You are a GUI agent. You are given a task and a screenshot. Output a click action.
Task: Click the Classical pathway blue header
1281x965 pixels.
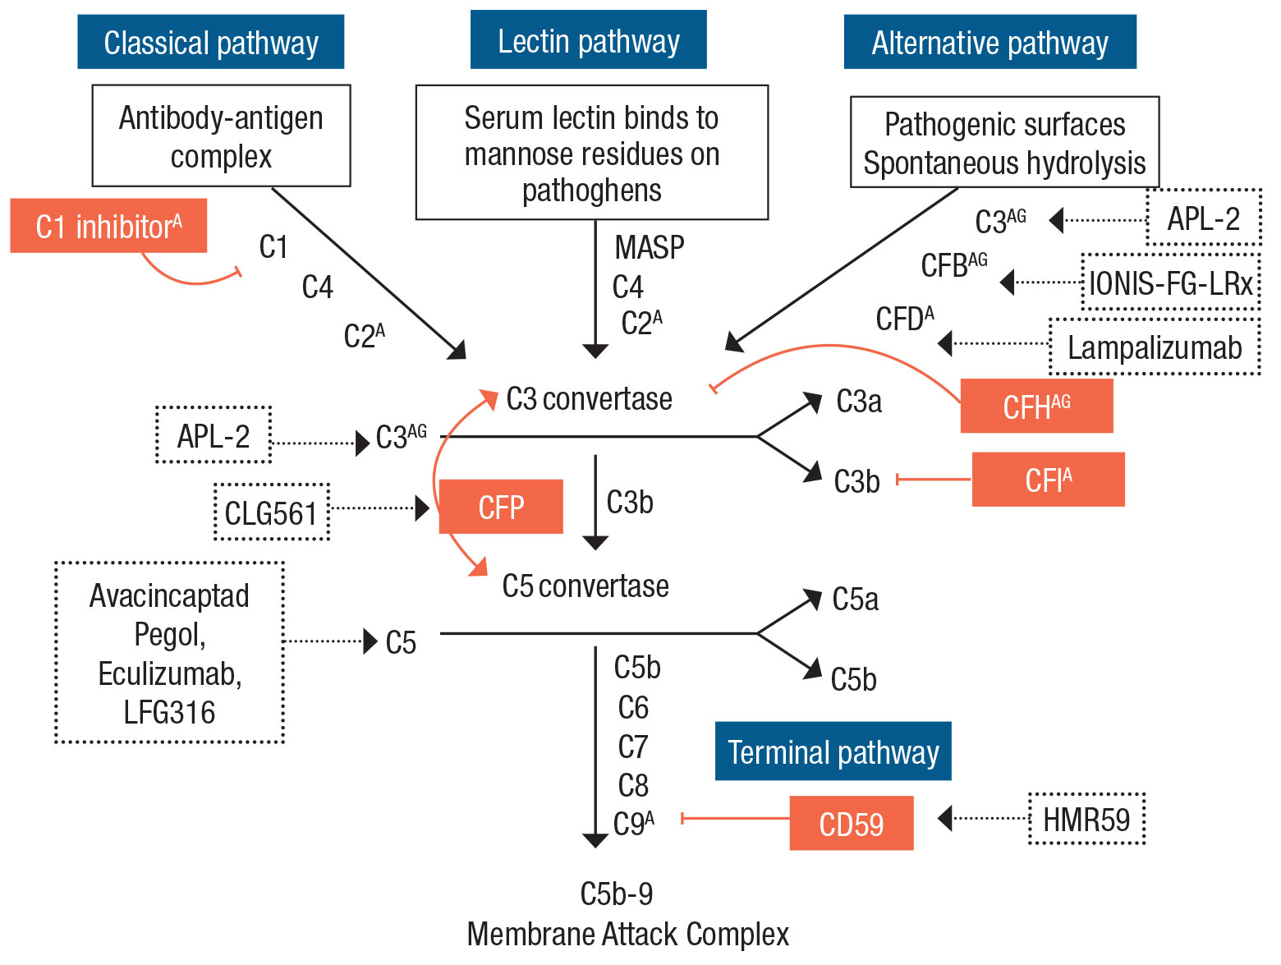[210, 42]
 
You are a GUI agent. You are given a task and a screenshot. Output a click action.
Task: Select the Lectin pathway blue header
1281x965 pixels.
[588, 40]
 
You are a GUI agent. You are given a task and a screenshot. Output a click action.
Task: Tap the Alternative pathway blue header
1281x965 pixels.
[989, 42]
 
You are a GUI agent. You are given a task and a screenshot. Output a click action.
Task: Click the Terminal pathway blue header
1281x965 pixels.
[833, 751]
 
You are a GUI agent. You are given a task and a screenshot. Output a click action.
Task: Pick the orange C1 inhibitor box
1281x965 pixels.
[108, 226]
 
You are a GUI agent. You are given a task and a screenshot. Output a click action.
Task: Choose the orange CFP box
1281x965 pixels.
[501, 507]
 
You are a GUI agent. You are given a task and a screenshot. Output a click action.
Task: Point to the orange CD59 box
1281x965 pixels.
[851, 823]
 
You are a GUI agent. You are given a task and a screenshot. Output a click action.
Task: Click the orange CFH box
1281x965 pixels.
[1036, 406]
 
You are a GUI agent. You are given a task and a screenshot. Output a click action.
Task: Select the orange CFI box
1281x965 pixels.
[1048, 480]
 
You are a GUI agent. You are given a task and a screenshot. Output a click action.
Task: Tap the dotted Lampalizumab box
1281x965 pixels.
[1154, 347]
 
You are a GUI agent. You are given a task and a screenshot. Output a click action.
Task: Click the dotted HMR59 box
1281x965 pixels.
[1086, 819]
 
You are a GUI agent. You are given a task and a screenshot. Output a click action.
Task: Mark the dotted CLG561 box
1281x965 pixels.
[271, 512]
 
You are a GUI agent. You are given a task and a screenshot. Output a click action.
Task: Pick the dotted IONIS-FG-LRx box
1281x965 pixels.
[1170, 283]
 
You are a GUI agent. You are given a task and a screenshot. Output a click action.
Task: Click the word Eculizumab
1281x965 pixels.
[169, 673]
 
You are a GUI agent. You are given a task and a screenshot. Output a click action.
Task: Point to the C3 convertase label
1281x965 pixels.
[589, 399]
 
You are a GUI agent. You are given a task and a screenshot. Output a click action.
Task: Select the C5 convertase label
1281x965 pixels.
[585, 586]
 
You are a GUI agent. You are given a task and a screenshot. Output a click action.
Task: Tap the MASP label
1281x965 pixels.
[649, 247]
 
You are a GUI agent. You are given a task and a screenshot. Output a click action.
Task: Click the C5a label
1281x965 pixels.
[855, 600]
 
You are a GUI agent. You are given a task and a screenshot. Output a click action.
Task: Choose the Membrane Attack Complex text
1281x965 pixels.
[627, 935]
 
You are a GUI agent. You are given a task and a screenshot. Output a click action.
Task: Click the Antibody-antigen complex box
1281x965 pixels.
[221, 136]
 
